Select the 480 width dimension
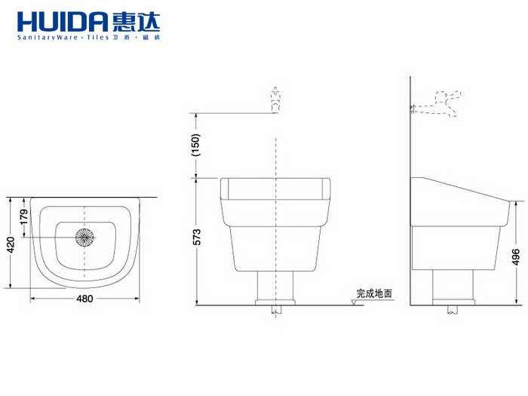tap(85, 299)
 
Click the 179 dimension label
tap(23, 218)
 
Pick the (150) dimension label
tap(195, 144)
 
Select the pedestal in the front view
tap(276, 284)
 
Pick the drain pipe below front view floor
tap(276, 309)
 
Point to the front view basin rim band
tap(276, 187)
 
